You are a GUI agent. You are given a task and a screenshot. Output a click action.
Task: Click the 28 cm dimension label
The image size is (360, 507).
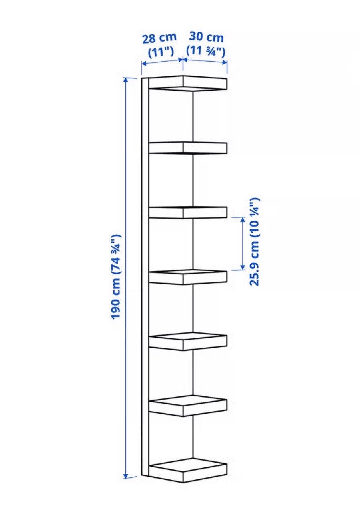(159, 38)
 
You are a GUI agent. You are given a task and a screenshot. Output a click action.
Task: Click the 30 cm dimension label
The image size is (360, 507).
(206, 37)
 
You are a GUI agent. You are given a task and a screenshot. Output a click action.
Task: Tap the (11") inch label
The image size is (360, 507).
(161, 52)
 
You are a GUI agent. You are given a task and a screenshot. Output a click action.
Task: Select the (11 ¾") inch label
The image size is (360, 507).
(206, 51)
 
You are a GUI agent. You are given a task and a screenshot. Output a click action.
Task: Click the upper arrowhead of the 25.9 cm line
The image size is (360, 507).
(243, 220)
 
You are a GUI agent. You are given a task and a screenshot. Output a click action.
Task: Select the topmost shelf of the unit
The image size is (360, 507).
(188, 84)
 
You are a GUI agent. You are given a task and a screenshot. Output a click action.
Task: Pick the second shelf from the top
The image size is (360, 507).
(188, 148)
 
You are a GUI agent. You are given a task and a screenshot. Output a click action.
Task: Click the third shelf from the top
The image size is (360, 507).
(188, 213)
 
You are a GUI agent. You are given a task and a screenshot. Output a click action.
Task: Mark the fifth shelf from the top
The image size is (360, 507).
(188, 341)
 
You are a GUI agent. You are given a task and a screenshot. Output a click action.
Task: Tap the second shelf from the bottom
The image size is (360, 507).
(188, 406)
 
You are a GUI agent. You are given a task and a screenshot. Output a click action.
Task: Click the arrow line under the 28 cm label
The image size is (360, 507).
(162, 62)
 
